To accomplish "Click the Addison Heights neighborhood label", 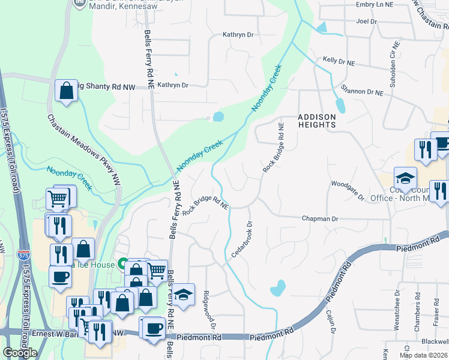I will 316,121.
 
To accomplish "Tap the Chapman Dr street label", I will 320,219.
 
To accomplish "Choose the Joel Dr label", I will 366,21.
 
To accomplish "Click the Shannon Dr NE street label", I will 361,91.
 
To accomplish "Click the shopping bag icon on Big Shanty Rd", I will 66,91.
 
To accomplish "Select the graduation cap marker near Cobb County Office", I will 405,178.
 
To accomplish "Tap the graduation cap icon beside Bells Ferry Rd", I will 184,294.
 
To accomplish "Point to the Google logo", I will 20,353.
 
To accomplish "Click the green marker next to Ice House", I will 122,263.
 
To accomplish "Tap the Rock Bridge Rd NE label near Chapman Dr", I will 207,200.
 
